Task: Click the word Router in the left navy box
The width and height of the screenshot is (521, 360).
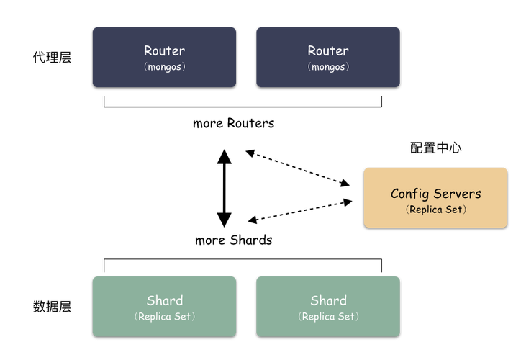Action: click(164, 50)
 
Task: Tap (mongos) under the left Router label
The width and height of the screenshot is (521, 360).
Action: click(164, 66)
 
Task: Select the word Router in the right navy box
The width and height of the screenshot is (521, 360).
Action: click(328, 50)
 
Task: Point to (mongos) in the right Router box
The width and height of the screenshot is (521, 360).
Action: click(328, 66)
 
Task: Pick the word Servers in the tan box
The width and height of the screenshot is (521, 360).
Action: click(456, 194)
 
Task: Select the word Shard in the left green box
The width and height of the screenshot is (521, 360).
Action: click(164, 300)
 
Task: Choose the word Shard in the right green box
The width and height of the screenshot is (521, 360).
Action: click(328, 300)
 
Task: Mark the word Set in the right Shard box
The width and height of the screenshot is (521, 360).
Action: click(348, 316)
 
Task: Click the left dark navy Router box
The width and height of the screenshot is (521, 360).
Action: click(115, 76)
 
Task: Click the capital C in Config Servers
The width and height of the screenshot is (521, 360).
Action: click(395, 194)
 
